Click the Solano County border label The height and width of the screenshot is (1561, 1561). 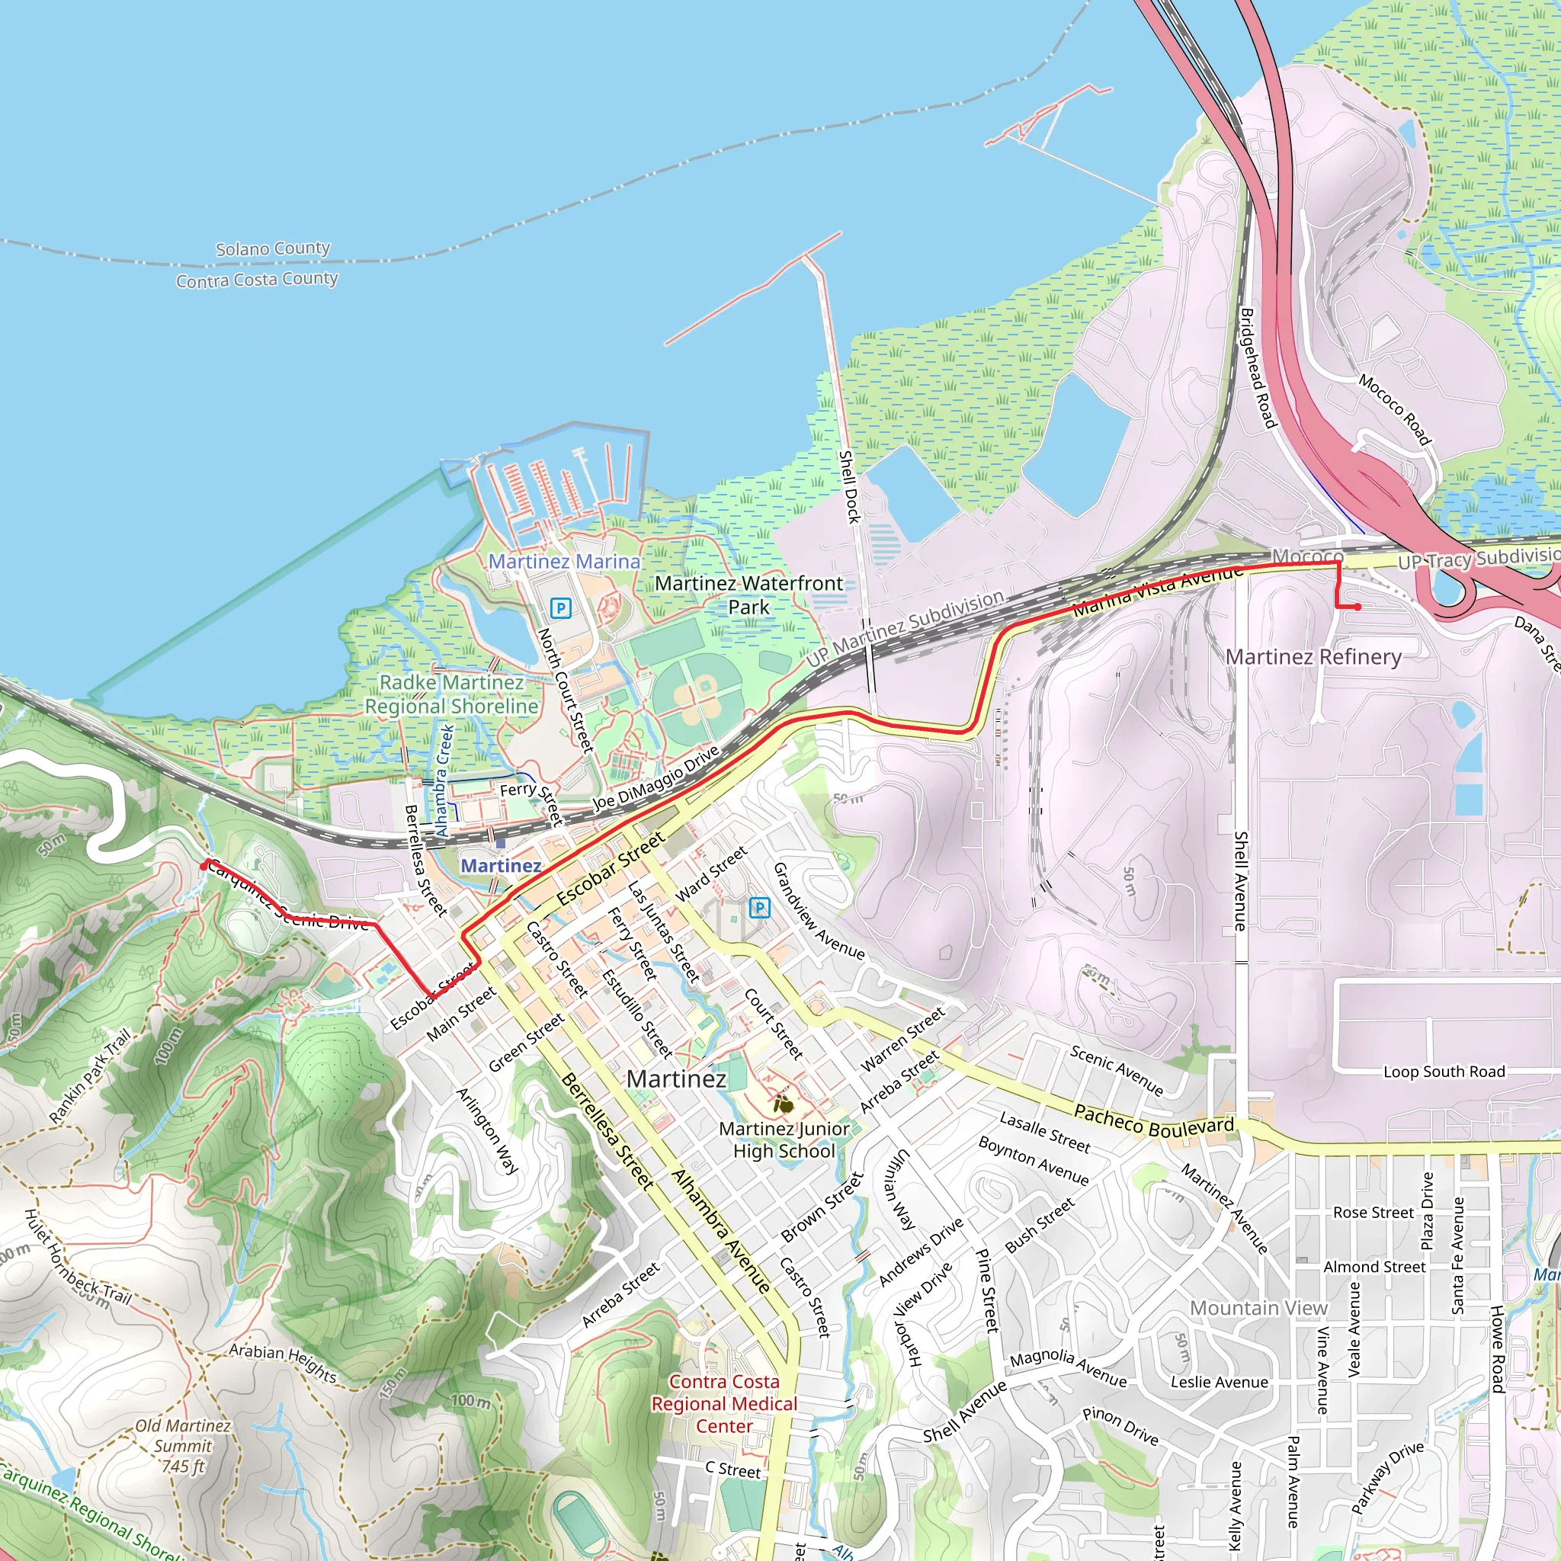pyautogui.click(x=273, y=248)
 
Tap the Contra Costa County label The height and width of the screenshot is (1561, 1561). pyautogui.click(x=257, y=280)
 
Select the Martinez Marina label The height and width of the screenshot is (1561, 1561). pyautogui.click(x=564, y=561)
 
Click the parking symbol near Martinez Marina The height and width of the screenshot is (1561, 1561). pyautogui.click(x=560, y=607)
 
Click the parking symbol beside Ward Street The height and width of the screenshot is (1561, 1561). pyautogui.click(x=758, y=907)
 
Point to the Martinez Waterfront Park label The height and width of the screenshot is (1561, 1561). pyautogui.click(x=748, y=595)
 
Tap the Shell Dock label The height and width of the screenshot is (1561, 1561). pyautogui.click(x=849, y=486)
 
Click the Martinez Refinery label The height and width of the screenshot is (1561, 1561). pyautogui.click(x=1314, y=657)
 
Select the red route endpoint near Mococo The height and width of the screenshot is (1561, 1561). pyautogui.click(x=1358, y=607)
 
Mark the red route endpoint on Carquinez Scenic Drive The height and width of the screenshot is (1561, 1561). pyautogui.click(x=204, y=866)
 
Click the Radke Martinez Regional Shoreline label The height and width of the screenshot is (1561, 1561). pyautogui.click(x=452, y=694)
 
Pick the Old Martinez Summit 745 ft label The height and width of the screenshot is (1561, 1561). pyautogui.click(x=184, y=1445)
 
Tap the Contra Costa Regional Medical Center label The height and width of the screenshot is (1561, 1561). pyautogui.click(x=724, y=1403)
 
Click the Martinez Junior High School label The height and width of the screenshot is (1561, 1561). pyautogui.click(x=784, y=1139)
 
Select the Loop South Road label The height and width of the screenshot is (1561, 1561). pyautogui.click(x=1444, y=1072)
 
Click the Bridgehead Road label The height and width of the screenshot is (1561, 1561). pyautogui.click(x=1257, y=367)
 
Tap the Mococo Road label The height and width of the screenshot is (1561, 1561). pyautogui.click(x=1395, y=409)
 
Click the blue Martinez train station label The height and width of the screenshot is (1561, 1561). pyautogui.click(x=501, y=865)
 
